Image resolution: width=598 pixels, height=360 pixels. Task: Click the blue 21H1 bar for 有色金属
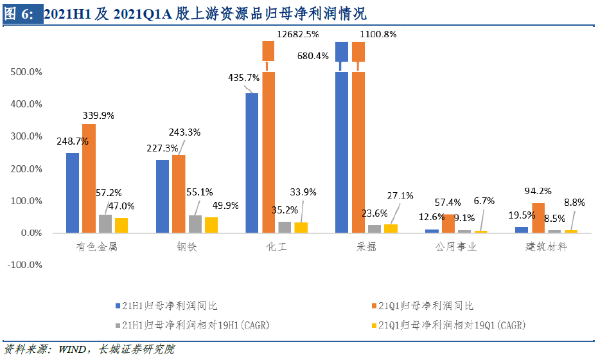click(x=73, y=192)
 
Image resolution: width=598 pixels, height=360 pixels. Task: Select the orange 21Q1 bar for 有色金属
click(x=89, y=177)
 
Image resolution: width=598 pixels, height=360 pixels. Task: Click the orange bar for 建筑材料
click(x=538, y=217)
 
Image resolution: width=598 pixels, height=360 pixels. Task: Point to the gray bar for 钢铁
click(x=195, y=224)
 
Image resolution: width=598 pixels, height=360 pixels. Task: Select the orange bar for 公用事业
click(x=448, y=223)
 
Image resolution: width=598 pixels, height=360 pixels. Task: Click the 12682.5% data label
click(x=297, y=33)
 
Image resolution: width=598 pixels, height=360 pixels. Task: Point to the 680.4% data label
click(x=313, y=55)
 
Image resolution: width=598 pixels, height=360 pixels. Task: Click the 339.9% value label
click(x=98, y=116)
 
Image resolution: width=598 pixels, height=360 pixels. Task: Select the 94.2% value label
click(x=538, y=191)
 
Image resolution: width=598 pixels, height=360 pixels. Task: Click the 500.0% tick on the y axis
click(x=27, y=72)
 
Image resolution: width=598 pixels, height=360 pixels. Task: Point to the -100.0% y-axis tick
click(x=26, y=265)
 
